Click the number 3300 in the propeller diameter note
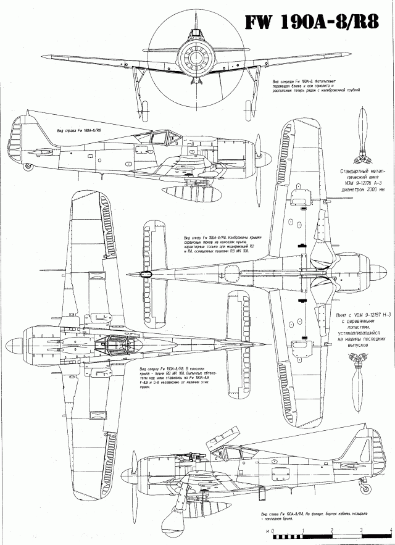(366, 190)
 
